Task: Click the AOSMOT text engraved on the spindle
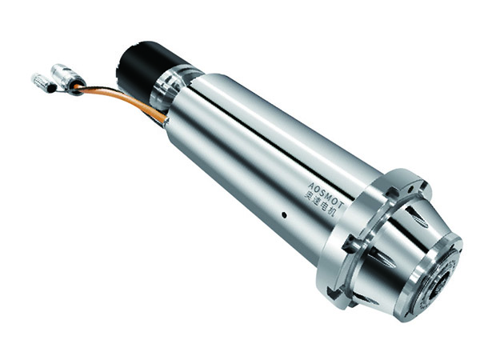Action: (x=326, y=194)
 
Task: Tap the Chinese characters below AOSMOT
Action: (x=321, y=204)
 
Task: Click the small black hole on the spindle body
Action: (x=284, y=215)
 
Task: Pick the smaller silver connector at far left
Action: (x=44, y=82)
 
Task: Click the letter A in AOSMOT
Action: (x=311, y=186)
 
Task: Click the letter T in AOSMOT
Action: (x=342, y=205)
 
